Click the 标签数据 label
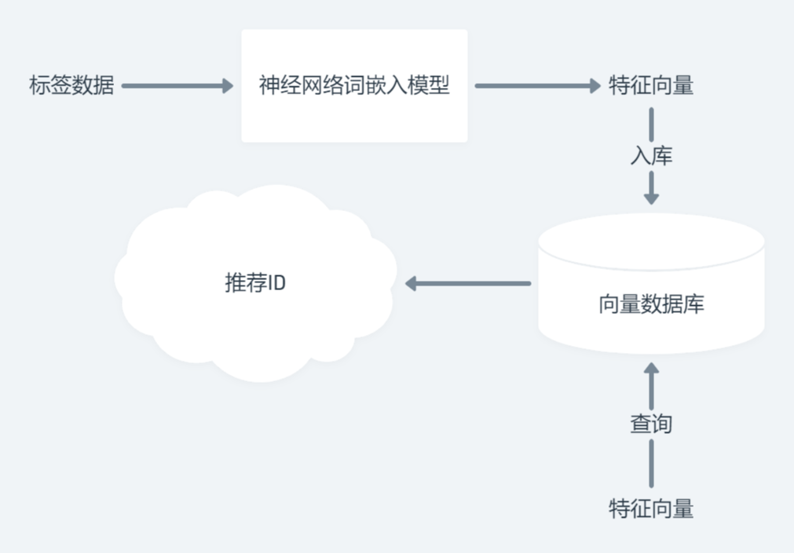point(71,85)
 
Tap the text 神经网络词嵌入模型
point(354,85)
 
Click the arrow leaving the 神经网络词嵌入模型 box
point(534,85)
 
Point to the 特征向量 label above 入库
point(651,85)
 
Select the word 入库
point(651,155)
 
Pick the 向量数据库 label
point(651,304)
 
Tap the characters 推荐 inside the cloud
point(246,283)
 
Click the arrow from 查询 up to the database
point(651,384)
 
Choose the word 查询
point(651,424)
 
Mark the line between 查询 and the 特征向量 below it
point(651,463)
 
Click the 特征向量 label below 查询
point(651,508)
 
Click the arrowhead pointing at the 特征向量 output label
point(594,85)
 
